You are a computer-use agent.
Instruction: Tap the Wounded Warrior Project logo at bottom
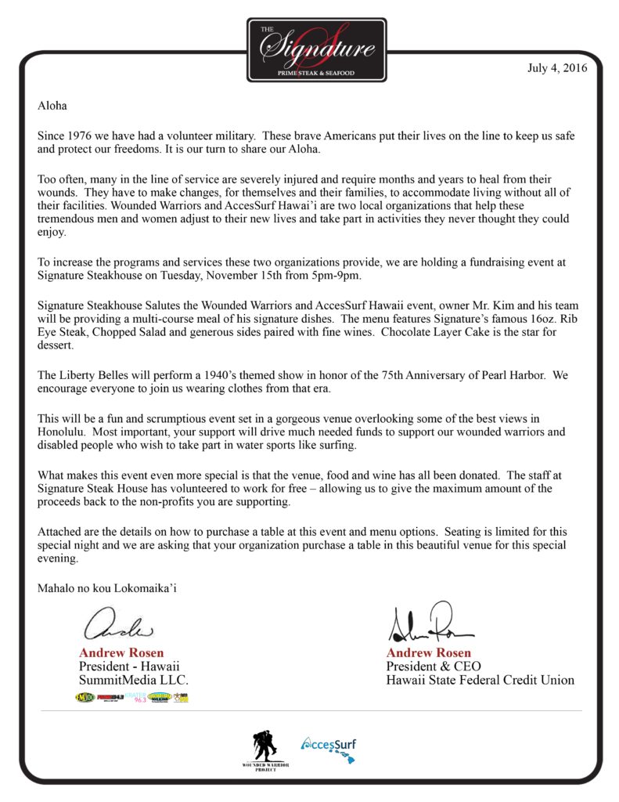tap(266, 748)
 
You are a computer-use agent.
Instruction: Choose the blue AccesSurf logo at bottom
tap(330, 748)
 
